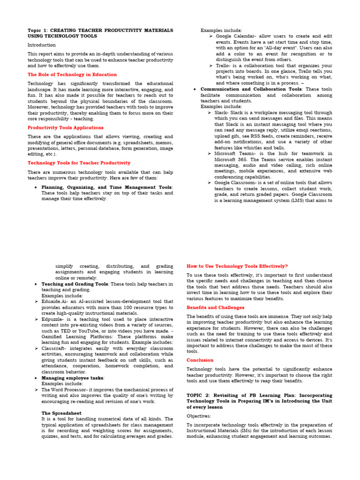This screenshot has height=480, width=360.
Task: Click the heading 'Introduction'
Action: (41, 45)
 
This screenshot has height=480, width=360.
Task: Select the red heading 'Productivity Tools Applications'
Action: (65, 127)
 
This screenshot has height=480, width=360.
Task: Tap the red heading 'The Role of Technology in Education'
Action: (72, 75)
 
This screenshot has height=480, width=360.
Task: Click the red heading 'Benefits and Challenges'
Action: (215, 307)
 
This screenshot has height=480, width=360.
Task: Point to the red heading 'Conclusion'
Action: (200, 360)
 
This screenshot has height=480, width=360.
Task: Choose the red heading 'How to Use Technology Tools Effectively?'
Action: (237, 266)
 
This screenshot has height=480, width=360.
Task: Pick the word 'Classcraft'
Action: (53, 349)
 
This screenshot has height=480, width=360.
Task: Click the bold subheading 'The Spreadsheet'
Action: (61, 413)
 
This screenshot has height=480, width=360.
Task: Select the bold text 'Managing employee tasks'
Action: (72, 378)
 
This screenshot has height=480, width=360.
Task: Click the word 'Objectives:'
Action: (199, 416)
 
